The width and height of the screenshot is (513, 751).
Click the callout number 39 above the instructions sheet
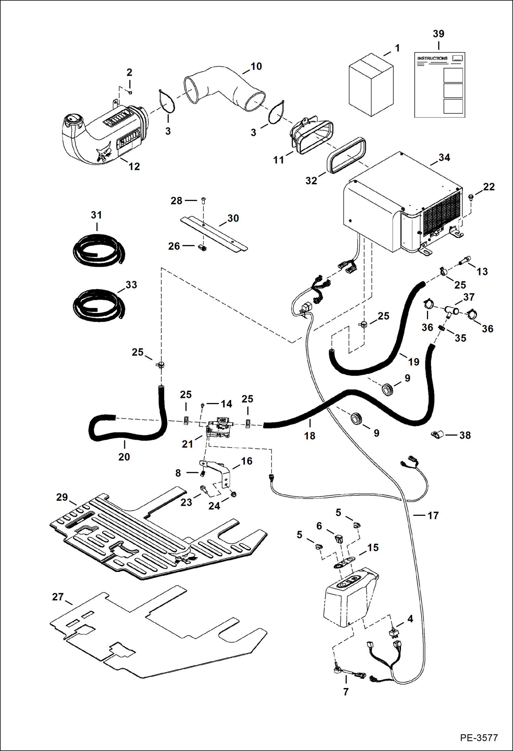tap(438, 34)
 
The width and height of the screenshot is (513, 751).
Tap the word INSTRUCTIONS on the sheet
tap(432, 59)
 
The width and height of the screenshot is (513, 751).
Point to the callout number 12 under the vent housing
tap(134, 167)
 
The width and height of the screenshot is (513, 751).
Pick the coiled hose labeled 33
tap(98, 305)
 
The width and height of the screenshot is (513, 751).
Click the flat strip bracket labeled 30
tap(214, 234)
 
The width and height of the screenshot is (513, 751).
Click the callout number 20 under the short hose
tap(124, 457)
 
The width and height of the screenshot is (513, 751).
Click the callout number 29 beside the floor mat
tap(62, 497)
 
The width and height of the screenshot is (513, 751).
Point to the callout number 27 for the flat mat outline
tap(58, 597)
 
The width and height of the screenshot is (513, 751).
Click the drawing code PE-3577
tap(478, 738)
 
